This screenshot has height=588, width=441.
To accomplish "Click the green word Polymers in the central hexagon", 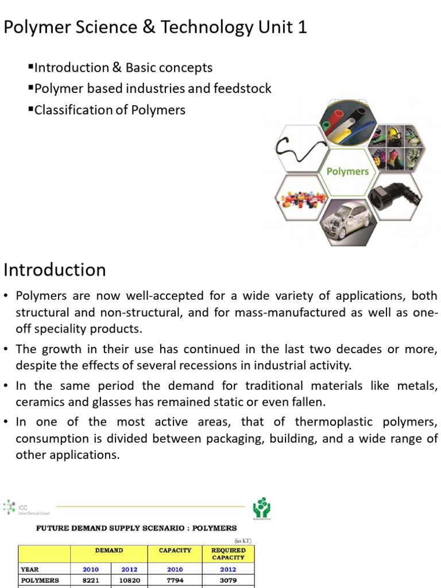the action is click(x=347, y=171).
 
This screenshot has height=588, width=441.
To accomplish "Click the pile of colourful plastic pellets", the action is click(x=303, y=200).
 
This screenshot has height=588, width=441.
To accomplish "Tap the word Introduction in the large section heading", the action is click(x=55, y=269).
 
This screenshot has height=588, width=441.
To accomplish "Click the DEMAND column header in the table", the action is click(x=109, y=550).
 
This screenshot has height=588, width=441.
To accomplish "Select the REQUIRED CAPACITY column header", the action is click(x=228, y=554).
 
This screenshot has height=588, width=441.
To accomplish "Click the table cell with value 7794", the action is click(x=175, y=580).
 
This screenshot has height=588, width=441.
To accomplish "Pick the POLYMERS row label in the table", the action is click(x=40, y=580).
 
